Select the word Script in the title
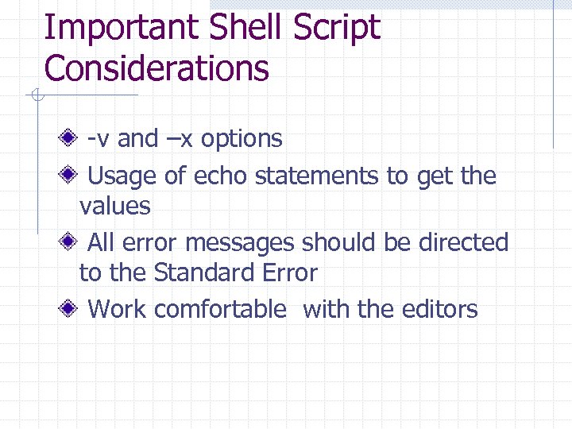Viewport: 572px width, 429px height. pos(338,28)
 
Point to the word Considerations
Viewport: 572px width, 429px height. pos(157,68)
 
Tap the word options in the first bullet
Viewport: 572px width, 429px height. pos(242,138)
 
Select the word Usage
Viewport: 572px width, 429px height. pos(123,176)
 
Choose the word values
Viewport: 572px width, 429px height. pos(114,207)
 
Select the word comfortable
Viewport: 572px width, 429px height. pos(220,309)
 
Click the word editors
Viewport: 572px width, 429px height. pos(440,309)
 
